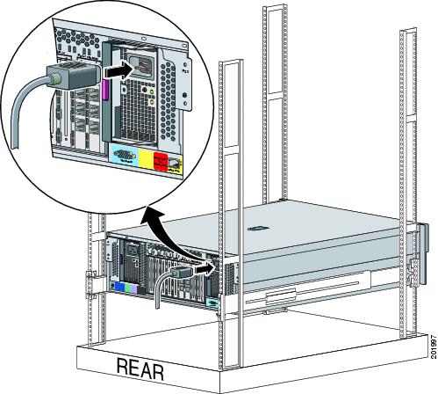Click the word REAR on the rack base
tap(140, 368)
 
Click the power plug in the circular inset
tap(72, 76)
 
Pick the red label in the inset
tap(160, 161)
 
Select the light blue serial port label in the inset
tap(126, 155)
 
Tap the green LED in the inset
tap(152, 92)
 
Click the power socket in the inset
tap(140, 67)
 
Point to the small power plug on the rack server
tap(181, 273)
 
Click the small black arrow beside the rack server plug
tap(205, 269)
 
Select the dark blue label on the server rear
tap(119, 288)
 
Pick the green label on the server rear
tap(127, 288)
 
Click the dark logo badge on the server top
tap(258, 229)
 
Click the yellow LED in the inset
tap(151, 102)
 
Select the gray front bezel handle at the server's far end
tap(424, 254)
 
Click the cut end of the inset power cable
tap(14, 146)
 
